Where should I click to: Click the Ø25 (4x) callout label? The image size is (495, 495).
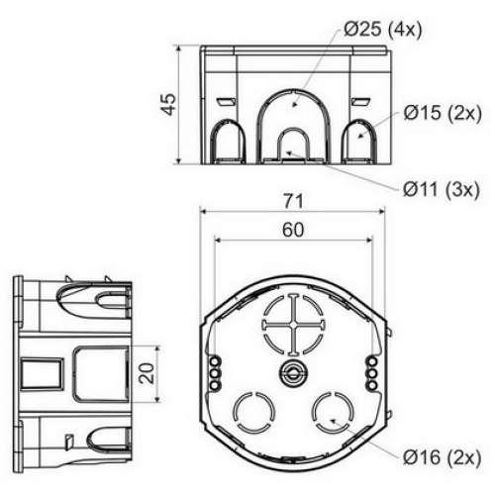[x=383, y=31]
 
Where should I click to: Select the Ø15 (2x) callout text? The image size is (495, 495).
[x=443, y=113]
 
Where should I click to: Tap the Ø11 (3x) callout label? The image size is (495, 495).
[x=442, y=190]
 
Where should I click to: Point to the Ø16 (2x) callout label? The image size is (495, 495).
[x=442, y=457]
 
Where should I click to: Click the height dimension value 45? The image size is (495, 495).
[x=169, y=104]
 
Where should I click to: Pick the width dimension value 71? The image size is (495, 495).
[x=293, y=201]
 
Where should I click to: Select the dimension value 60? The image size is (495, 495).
[x=293, y=230]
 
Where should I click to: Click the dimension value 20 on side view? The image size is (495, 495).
[x=147, y=373]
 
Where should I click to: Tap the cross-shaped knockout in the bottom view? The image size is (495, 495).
[x=293, y=325]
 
